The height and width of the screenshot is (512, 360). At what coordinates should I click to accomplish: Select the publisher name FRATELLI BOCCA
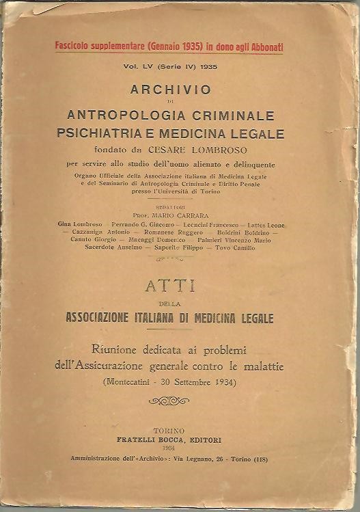pos(149,442)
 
